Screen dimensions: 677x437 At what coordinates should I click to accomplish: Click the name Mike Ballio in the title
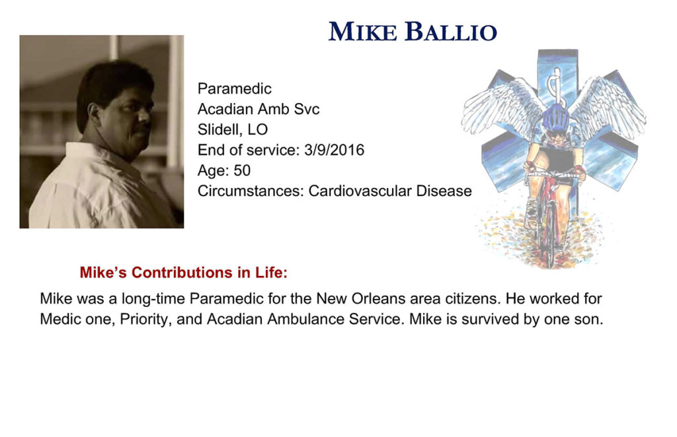coord(413,32)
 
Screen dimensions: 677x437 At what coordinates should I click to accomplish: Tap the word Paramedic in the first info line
coord(235,88)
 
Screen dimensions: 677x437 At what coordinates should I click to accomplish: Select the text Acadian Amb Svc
coord(259,109)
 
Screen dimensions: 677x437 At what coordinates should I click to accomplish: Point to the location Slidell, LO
coord(232,129)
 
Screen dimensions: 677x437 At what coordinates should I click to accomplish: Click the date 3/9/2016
coord(334,150)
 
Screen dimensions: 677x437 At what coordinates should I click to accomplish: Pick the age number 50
coord(242,170)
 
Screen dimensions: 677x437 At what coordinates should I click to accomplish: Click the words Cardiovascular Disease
coord(390,191)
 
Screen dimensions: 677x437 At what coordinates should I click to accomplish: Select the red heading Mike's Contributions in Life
coord(184,273)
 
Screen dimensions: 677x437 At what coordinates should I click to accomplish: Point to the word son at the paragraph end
coord(592,319)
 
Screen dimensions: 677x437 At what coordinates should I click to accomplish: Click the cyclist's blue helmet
coord(555,117)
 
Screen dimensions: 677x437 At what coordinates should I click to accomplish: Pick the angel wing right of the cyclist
coord(609,106)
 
